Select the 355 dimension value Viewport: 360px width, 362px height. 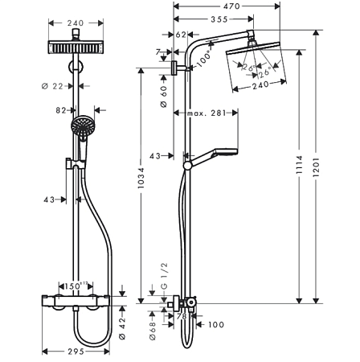tap(212, 19)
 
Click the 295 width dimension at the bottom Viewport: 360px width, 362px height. tap(75, 352)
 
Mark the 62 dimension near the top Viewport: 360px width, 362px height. tap(180, 35)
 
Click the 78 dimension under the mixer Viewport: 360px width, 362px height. tap(181, 318)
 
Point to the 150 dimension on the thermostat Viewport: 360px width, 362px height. tap(76, 286)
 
